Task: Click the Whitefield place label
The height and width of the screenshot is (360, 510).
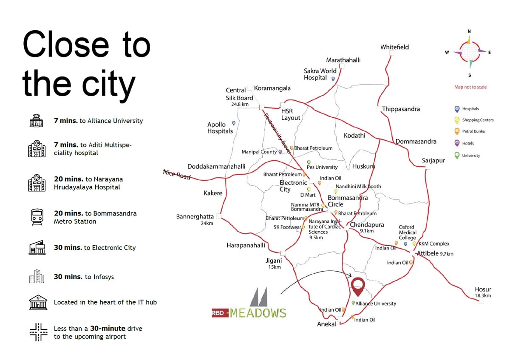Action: (x=394, y=47)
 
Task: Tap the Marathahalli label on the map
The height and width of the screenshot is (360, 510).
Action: (x=343, y=60)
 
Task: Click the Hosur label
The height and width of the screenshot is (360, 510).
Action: (x=483, y=289)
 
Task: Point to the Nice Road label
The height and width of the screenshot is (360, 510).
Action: (x=177, y=174)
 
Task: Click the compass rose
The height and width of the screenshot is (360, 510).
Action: (x=469, y=52)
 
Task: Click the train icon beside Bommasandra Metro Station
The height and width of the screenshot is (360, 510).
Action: (x=37, y=217)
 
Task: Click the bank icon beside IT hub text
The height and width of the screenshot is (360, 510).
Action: (x=37, y=303)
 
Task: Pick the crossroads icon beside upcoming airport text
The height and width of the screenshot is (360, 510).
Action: (x=38, y=332)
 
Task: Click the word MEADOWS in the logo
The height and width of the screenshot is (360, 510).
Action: (x=258, y=314)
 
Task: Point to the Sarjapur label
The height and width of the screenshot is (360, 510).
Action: (x=433, y=160)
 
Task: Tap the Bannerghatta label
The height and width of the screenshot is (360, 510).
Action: (x=195, y=217)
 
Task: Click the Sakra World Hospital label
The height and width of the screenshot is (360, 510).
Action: (x=320, y=74)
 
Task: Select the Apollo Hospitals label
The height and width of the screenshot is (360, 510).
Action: (x=220, y=128)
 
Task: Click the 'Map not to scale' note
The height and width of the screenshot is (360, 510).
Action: (x=470, y=87)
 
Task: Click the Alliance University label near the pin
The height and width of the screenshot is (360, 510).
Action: (x=376, y=303)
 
